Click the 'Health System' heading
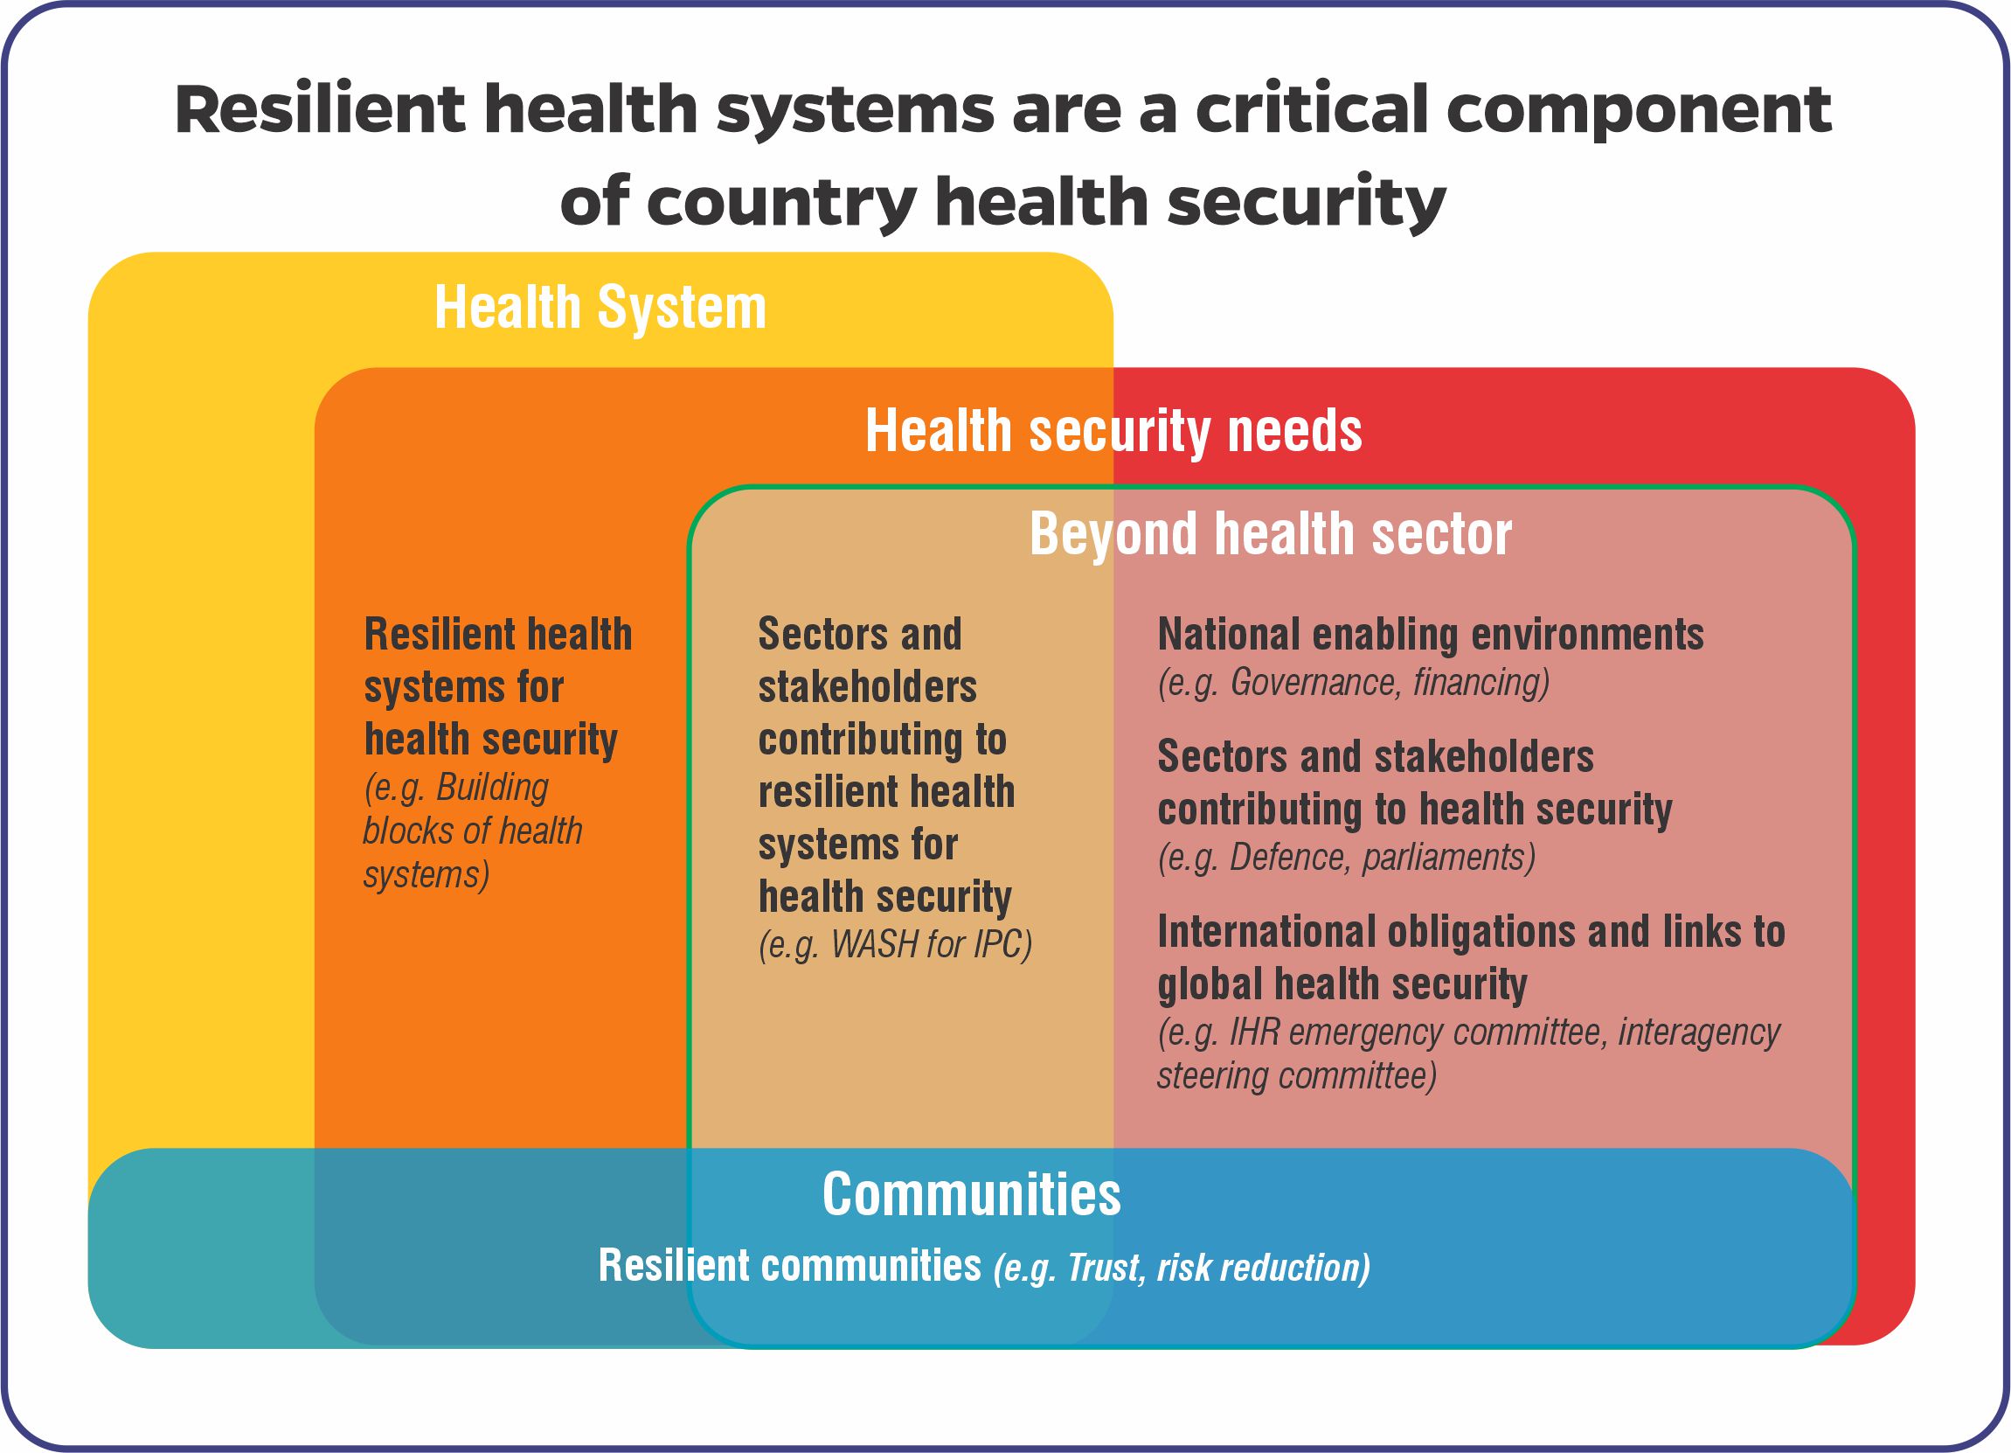pyautogui.click(x=600, y=308)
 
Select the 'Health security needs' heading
pyautogui.click(x=1113, y=431)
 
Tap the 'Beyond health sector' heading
pyautogui.click(x=1271, y=534)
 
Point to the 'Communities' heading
pyautogui.click(x=971, y=1194)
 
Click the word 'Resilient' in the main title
pyautogui.click(x=319, y=110)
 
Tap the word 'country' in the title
pyautogui.click(x=781, y=202)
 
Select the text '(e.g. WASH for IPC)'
pyautogui.click(x=896, y=945)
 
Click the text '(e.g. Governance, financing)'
pyautogui.click(x=1353, y=682)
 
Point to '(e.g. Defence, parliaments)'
pyautogui.click(x=1346, y=857)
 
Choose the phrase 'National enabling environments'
pyautogui.click(x=1430, y=635)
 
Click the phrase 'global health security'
pyautogui.click(x=1342, y=984)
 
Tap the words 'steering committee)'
pyautogui.click(x=1296, y=1076)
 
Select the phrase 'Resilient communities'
pyautogui.click(x=789, y=1266)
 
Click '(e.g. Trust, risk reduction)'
pyautogui.click(x=1181, y=1268)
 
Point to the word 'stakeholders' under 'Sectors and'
pyautogui.click(x=867, y=687)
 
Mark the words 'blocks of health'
pyautogui.click(x=473, y=831)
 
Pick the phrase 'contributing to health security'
pyautogui.click(x=1414, y=810)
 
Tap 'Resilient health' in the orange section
pyautogui.click(x=497, y=635)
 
